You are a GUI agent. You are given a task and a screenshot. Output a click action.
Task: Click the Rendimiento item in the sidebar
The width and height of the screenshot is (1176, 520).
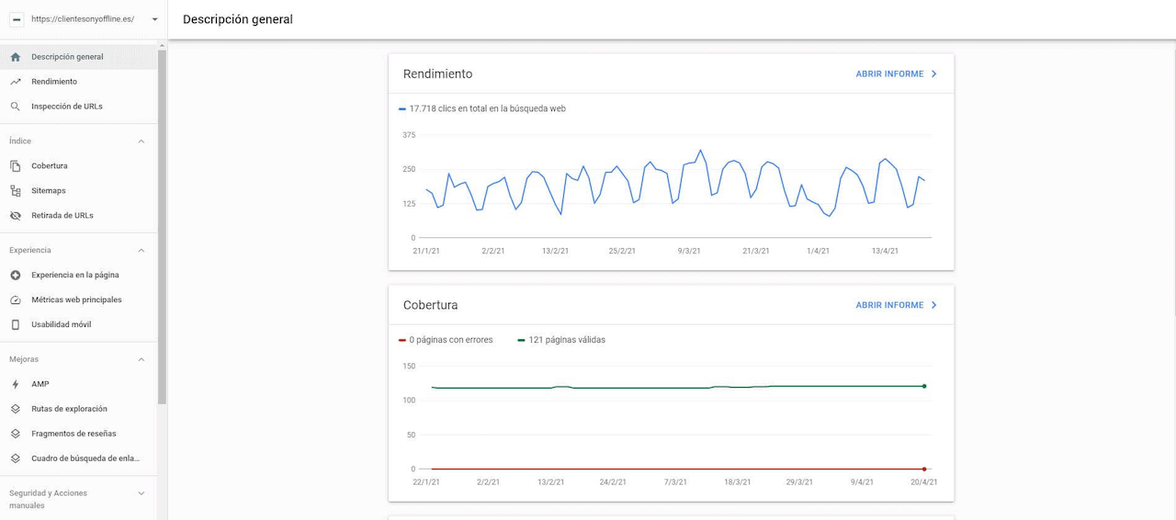[54, 82]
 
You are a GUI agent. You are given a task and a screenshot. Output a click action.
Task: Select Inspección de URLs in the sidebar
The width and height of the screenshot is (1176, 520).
[66, 107]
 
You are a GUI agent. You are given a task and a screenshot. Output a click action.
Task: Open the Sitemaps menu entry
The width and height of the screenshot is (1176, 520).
[49, 191]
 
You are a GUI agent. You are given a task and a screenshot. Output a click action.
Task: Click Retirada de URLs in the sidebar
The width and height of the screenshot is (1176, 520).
[62, 216]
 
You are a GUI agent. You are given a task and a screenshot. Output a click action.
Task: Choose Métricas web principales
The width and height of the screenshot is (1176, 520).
[76, 300]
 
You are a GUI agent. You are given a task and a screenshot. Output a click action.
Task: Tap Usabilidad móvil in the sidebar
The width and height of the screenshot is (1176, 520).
[61, 325]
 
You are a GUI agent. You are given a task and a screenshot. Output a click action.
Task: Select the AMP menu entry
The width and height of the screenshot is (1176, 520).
[40, 385]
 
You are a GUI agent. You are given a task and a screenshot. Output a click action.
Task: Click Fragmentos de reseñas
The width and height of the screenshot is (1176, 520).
[73, 434]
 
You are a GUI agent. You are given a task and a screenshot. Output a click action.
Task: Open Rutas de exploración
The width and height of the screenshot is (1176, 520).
[69, 409]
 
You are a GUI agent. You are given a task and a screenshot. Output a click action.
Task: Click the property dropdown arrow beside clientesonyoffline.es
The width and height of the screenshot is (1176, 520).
[154, 19]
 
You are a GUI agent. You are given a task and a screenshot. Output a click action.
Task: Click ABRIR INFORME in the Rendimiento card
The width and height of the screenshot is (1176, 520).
[896, 74]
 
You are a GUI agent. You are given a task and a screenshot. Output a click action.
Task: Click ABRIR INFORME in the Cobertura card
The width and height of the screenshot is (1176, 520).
[896, 305]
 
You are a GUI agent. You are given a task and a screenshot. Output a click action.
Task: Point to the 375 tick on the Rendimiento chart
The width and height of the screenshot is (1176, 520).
[409, 135]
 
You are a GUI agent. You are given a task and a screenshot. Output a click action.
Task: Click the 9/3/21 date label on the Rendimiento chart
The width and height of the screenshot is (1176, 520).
[689, 251]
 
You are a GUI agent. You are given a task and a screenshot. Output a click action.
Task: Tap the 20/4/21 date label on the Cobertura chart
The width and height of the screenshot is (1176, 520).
[923, 481]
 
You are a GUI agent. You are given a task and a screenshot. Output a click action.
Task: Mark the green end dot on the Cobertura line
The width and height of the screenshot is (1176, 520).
[924, 386]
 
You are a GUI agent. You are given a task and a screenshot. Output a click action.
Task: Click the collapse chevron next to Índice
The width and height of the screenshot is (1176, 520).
[141, 141]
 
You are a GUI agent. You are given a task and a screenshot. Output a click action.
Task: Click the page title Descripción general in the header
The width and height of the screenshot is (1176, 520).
[238, 19]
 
